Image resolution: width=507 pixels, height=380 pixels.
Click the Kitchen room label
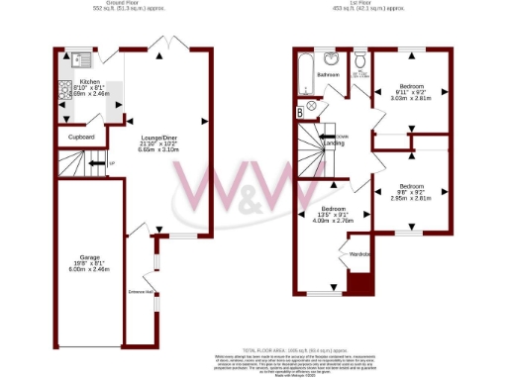[89, 82]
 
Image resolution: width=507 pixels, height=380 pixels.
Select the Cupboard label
[81, 137]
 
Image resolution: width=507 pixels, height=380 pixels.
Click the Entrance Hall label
[139, 292]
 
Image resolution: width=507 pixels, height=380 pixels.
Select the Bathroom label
[328, 74]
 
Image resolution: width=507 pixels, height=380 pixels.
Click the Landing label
[335, 142]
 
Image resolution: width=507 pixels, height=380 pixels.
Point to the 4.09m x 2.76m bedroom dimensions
[335, 221]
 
